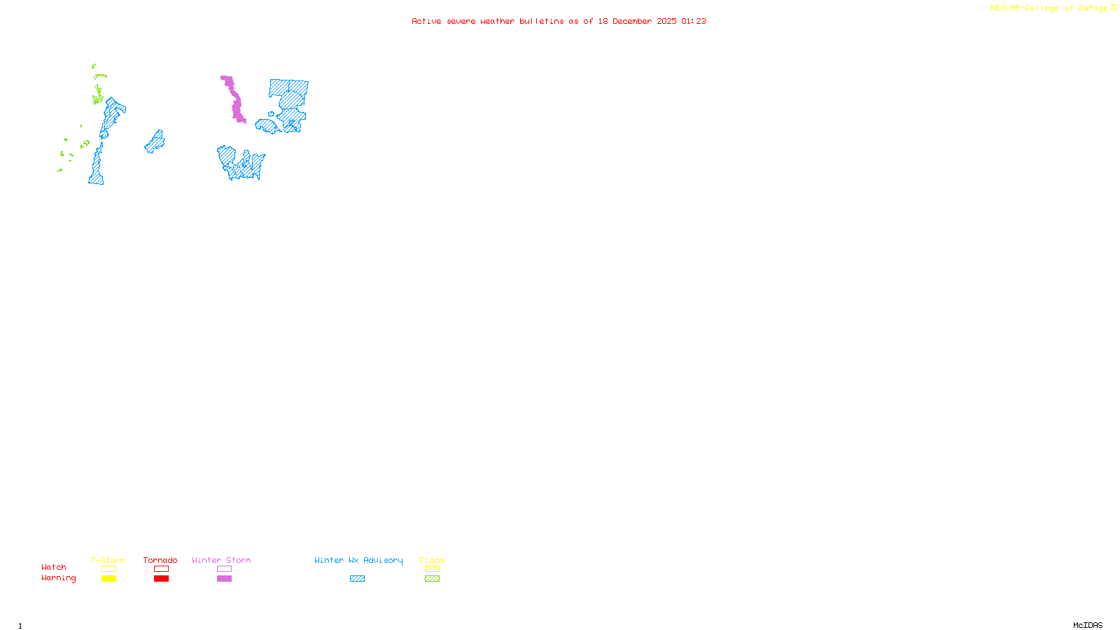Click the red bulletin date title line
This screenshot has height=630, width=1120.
coord(559,22)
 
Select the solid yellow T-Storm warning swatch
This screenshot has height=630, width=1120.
coord(108,579)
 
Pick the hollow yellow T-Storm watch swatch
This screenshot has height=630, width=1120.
coord(108,569)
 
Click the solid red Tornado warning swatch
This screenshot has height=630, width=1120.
coord(161,579)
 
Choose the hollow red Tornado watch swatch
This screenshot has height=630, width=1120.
coord(161,569)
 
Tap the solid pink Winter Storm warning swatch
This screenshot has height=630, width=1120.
coord(224,579)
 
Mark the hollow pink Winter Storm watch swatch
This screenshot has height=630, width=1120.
coord(224,569)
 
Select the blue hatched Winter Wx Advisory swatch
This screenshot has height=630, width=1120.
coord(357,579)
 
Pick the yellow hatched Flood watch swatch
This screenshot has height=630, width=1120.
coord(432,569)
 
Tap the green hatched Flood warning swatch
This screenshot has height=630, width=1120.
coord(432,579)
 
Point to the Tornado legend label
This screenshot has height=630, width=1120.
coord(160,560)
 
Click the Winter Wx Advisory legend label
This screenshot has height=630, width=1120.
coord(358,560)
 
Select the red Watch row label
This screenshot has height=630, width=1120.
coord(54,567)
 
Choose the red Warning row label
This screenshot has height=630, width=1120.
coord(58,578)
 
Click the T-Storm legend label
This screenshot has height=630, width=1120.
coord(108,560)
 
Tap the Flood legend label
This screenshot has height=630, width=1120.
coord(432,560)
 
